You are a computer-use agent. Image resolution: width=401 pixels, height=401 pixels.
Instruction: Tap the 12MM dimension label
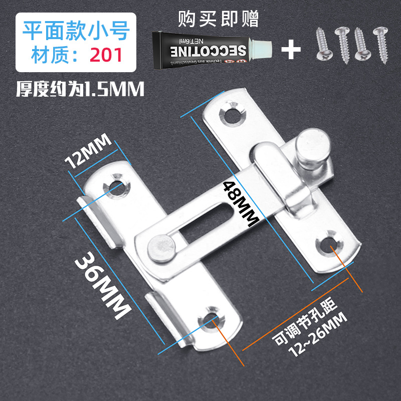pyautogui.click(x=88, y=153)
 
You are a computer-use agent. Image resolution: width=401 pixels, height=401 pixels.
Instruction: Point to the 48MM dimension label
pyautogui.click(x=240, y=204)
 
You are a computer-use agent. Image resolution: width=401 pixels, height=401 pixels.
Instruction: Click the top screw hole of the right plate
pyautogui.click(x=231, y=114)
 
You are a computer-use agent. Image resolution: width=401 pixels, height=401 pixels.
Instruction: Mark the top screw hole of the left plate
pyautogui.click(x=116, y=184)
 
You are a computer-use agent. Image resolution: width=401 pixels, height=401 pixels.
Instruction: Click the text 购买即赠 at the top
pyautogui.click(x=219, y=20)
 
